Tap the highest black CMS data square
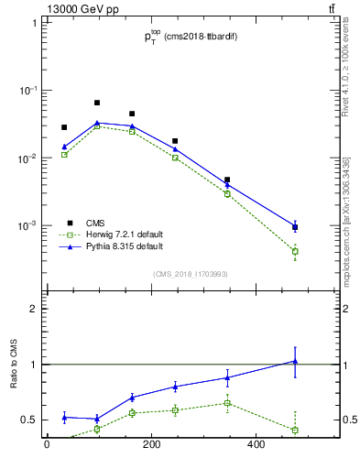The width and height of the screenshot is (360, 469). pos(97,103)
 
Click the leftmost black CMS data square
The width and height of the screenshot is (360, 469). pos(64,127)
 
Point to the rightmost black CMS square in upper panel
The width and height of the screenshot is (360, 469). pos(295,227)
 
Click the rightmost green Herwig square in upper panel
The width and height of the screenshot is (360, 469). pos(295,251)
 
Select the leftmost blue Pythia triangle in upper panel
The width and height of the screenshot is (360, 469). pos(64,147)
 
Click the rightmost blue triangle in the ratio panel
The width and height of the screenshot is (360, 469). pos(295,361)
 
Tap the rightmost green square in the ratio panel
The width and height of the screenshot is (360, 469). pos(295,430)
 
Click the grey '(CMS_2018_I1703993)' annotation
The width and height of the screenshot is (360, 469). pos(190,274)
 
